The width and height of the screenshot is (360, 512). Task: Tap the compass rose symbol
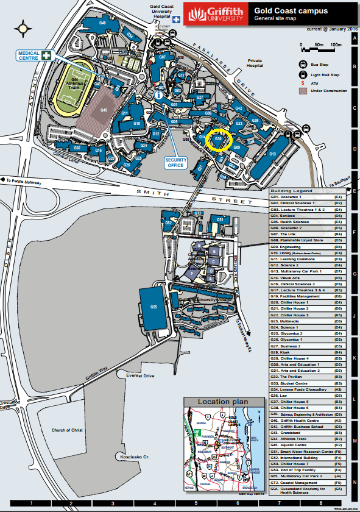tap(24, 27)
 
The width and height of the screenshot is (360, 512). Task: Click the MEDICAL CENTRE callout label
tap(29, 55)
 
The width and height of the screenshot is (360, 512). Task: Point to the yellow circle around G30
tap(219, 140)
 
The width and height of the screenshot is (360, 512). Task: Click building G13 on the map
tap(272, 154)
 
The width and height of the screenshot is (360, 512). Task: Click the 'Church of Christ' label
tap(68, 430)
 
